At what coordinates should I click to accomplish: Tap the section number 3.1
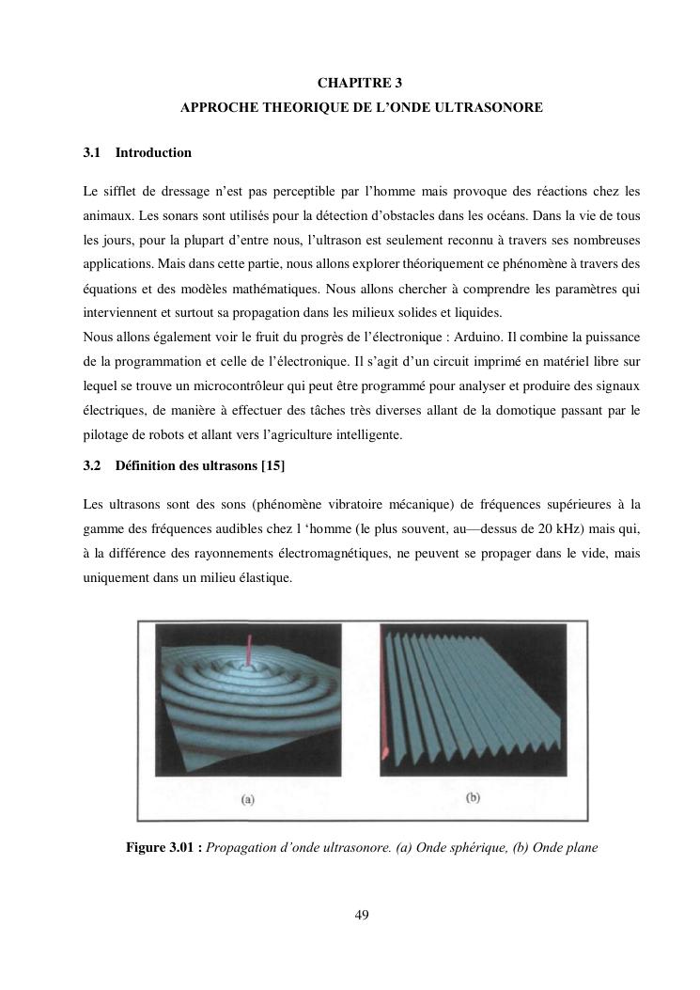point(91,152)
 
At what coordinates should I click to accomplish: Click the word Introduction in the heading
point(153,152)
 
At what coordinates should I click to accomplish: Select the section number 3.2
point(91,466)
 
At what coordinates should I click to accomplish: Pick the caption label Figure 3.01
point(163,847)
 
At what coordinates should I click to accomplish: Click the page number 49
point(362,915)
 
